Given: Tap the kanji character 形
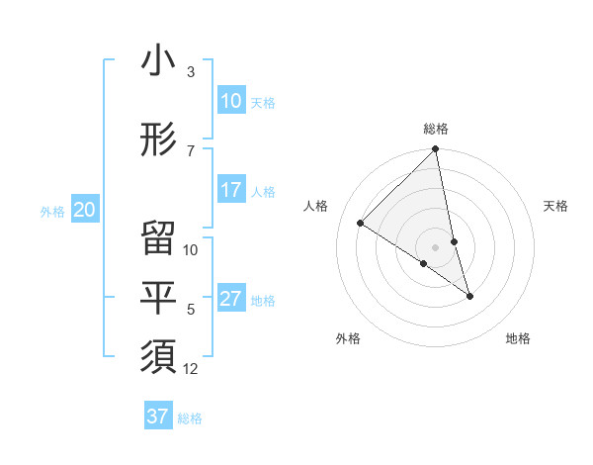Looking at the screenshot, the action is [158, 139].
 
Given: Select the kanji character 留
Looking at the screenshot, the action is [158, 238].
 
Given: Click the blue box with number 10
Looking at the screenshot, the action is [231, 101].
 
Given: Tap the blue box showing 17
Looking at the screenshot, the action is [231, 190].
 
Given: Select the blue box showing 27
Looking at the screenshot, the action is [231, 299].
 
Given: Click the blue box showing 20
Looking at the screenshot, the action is [85, 210].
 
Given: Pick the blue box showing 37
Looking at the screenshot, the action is [158, 417].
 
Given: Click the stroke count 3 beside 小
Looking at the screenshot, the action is [191, 72].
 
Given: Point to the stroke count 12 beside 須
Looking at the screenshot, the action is [191, 369].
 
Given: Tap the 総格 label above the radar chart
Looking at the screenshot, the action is [436, 129].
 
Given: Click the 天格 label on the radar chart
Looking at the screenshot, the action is [555, 206].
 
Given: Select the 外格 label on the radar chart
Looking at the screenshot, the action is [348, 338].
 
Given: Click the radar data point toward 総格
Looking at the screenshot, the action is [436, 149].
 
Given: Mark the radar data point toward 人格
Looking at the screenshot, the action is [361, 223].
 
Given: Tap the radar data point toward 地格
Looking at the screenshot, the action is [469, 296].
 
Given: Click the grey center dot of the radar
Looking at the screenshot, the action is [436, 246].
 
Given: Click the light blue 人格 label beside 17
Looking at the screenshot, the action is [263, 191].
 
